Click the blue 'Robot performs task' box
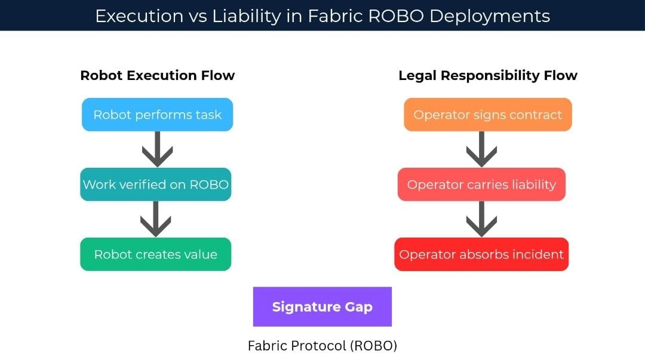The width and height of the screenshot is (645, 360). point(157,115)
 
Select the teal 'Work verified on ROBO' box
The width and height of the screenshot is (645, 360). point(155,184)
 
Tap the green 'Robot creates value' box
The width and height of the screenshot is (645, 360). point(155,254)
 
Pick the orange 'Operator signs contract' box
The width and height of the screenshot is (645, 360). point(487,115)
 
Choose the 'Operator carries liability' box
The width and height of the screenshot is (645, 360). point(481,184)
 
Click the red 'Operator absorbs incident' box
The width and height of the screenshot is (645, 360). point(481,254)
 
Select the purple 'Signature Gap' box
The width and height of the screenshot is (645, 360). point(322,307)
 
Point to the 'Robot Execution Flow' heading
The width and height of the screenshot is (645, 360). point(157,76)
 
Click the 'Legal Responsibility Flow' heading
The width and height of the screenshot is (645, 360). point(487,76)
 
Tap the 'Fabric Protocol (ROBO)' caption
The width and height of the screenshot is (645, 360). point(322,346)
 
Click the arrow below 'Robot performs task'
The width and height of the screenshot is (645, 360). point(157,149)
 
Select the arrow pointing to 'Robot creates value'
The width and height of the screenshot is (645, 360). point(155,219)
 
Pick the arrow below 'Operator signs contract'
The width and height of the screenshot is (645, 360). point(481,149)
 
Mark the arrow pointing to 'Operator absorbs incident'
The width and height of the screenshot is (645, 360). point(481,219)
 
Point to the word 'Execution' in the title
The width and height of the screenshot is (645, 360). point(139,16)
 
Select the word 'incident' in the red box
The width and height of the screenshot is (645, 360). point(539,254)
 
